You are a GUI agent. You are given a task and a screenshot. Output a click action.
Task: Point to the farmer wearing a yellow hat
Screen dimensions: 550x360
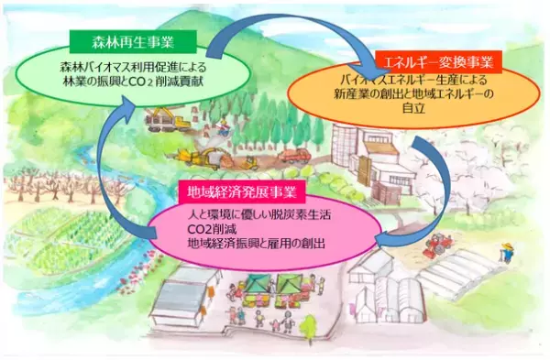[x=502, y=249]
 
